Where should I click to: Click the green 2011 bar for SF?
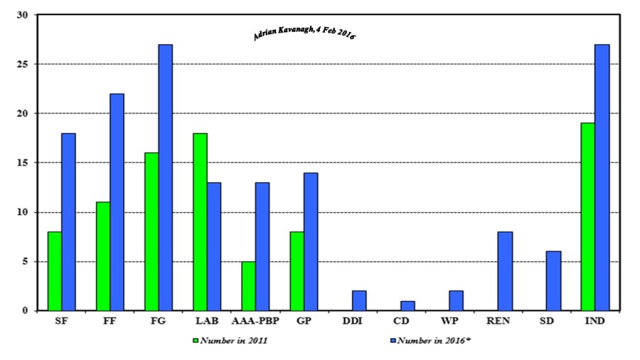pos(55,271)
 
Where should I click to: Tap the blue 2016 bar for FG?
pos(165,178)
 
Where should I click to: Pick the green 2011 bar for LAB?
pos(200,222)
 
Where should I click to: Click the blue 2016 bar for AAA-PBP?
pos(262,247)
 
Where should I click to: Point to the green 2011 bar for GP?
pos(297,271)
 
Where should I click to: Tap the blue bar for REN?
pos(505,271)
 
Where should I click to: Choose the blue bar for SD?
pos(553,281)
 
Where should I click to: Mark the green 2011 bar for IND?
pos(587,217)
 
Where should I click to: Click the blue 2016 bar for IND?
pos(602,178)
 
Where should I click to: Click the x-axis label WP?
pos(449,322)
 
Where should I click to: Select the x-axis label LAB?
pos(206,322)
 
